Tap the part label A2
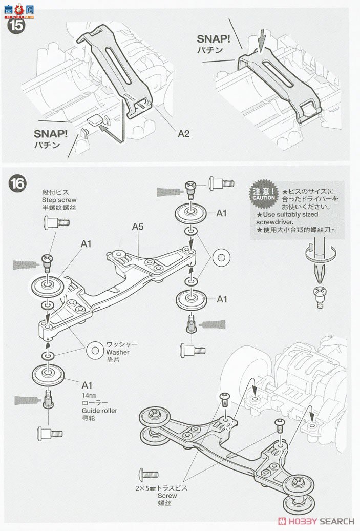coord(184,134)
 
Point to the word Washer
coord(118,352)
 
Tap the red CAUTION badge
coord(264,194)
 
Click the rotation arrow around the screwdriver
coord(318,250)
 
